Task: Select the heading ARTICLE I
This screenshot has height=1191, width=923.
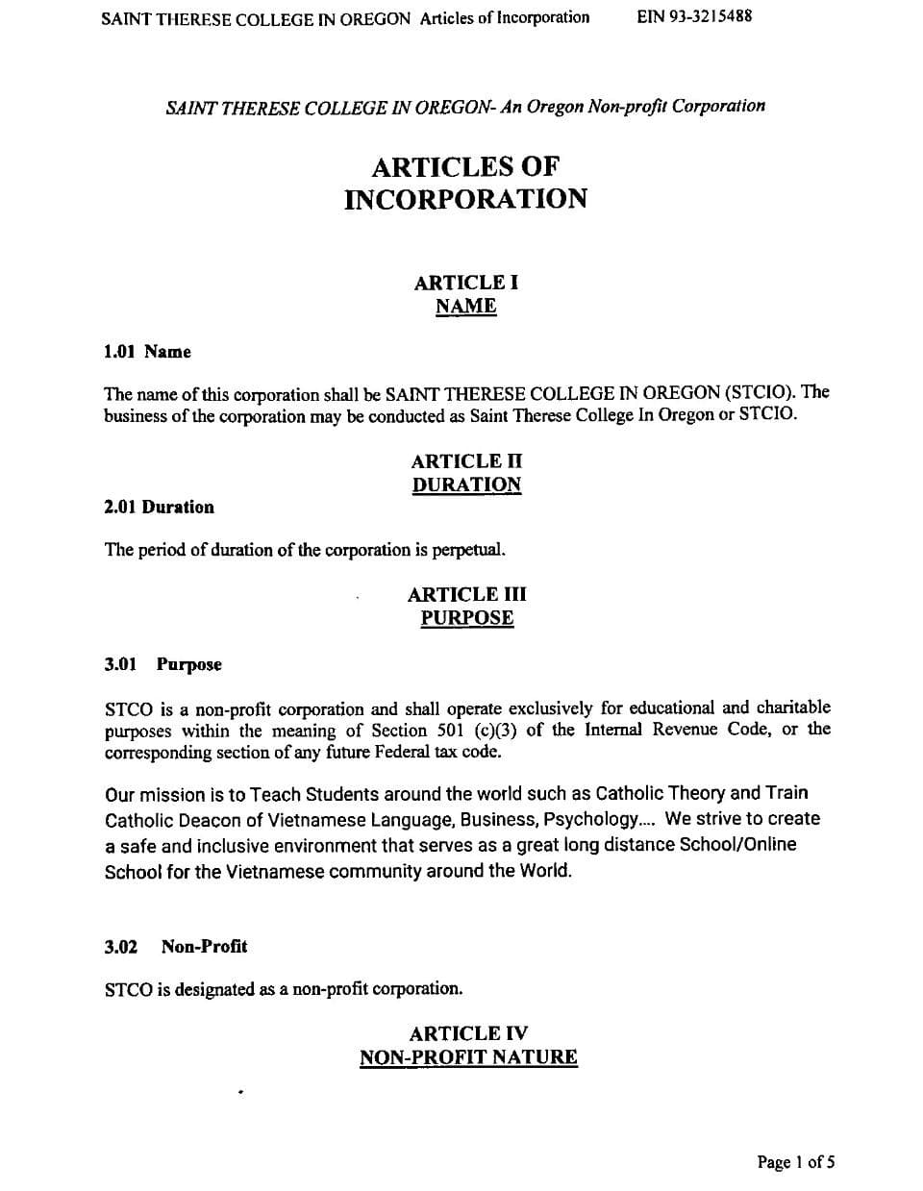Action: [x=466, y=283]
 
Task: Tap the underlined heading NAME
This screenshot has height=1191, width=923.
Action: [x=466, y=307]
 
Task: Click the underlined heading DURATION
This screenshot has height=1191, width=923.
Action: [x=466, y=484]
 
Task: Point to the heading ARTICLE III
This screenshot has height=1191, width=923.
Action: [x=466, y=594]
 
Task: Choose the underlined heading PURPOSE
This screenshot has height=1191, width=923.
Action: [x=466, y=618]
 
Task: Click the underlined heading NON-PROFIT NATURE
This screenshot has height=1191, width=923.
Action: [x=468, y=1057]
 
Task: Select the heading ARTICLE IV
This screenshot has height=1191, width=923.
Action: [x=468, y=1033]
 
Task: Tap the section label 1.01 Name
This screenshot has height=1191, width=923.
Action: [x=147, y=352]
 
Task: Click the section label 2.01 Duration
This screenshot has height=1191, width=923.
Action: [x=159, y=507]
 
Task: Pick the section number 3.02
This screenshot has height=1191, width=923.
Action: [x=121, y=947]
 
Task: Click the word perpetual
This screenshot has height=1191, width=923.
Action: [x=468, y=550]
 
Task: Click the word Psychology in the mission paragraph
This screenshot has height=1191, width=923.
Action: [x=589, y=819]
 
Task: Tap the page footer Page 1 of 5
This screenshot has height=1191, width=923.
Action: [x=795, y=1162]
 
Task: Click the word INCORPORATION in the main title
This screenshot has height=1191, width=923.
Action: [x=465, y=199]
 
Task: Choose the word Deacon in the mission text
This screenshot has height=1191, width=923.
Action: [x=200, y=819]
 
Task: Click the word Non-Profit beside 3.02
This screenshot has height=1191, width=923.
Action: [x=204, y=947]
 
